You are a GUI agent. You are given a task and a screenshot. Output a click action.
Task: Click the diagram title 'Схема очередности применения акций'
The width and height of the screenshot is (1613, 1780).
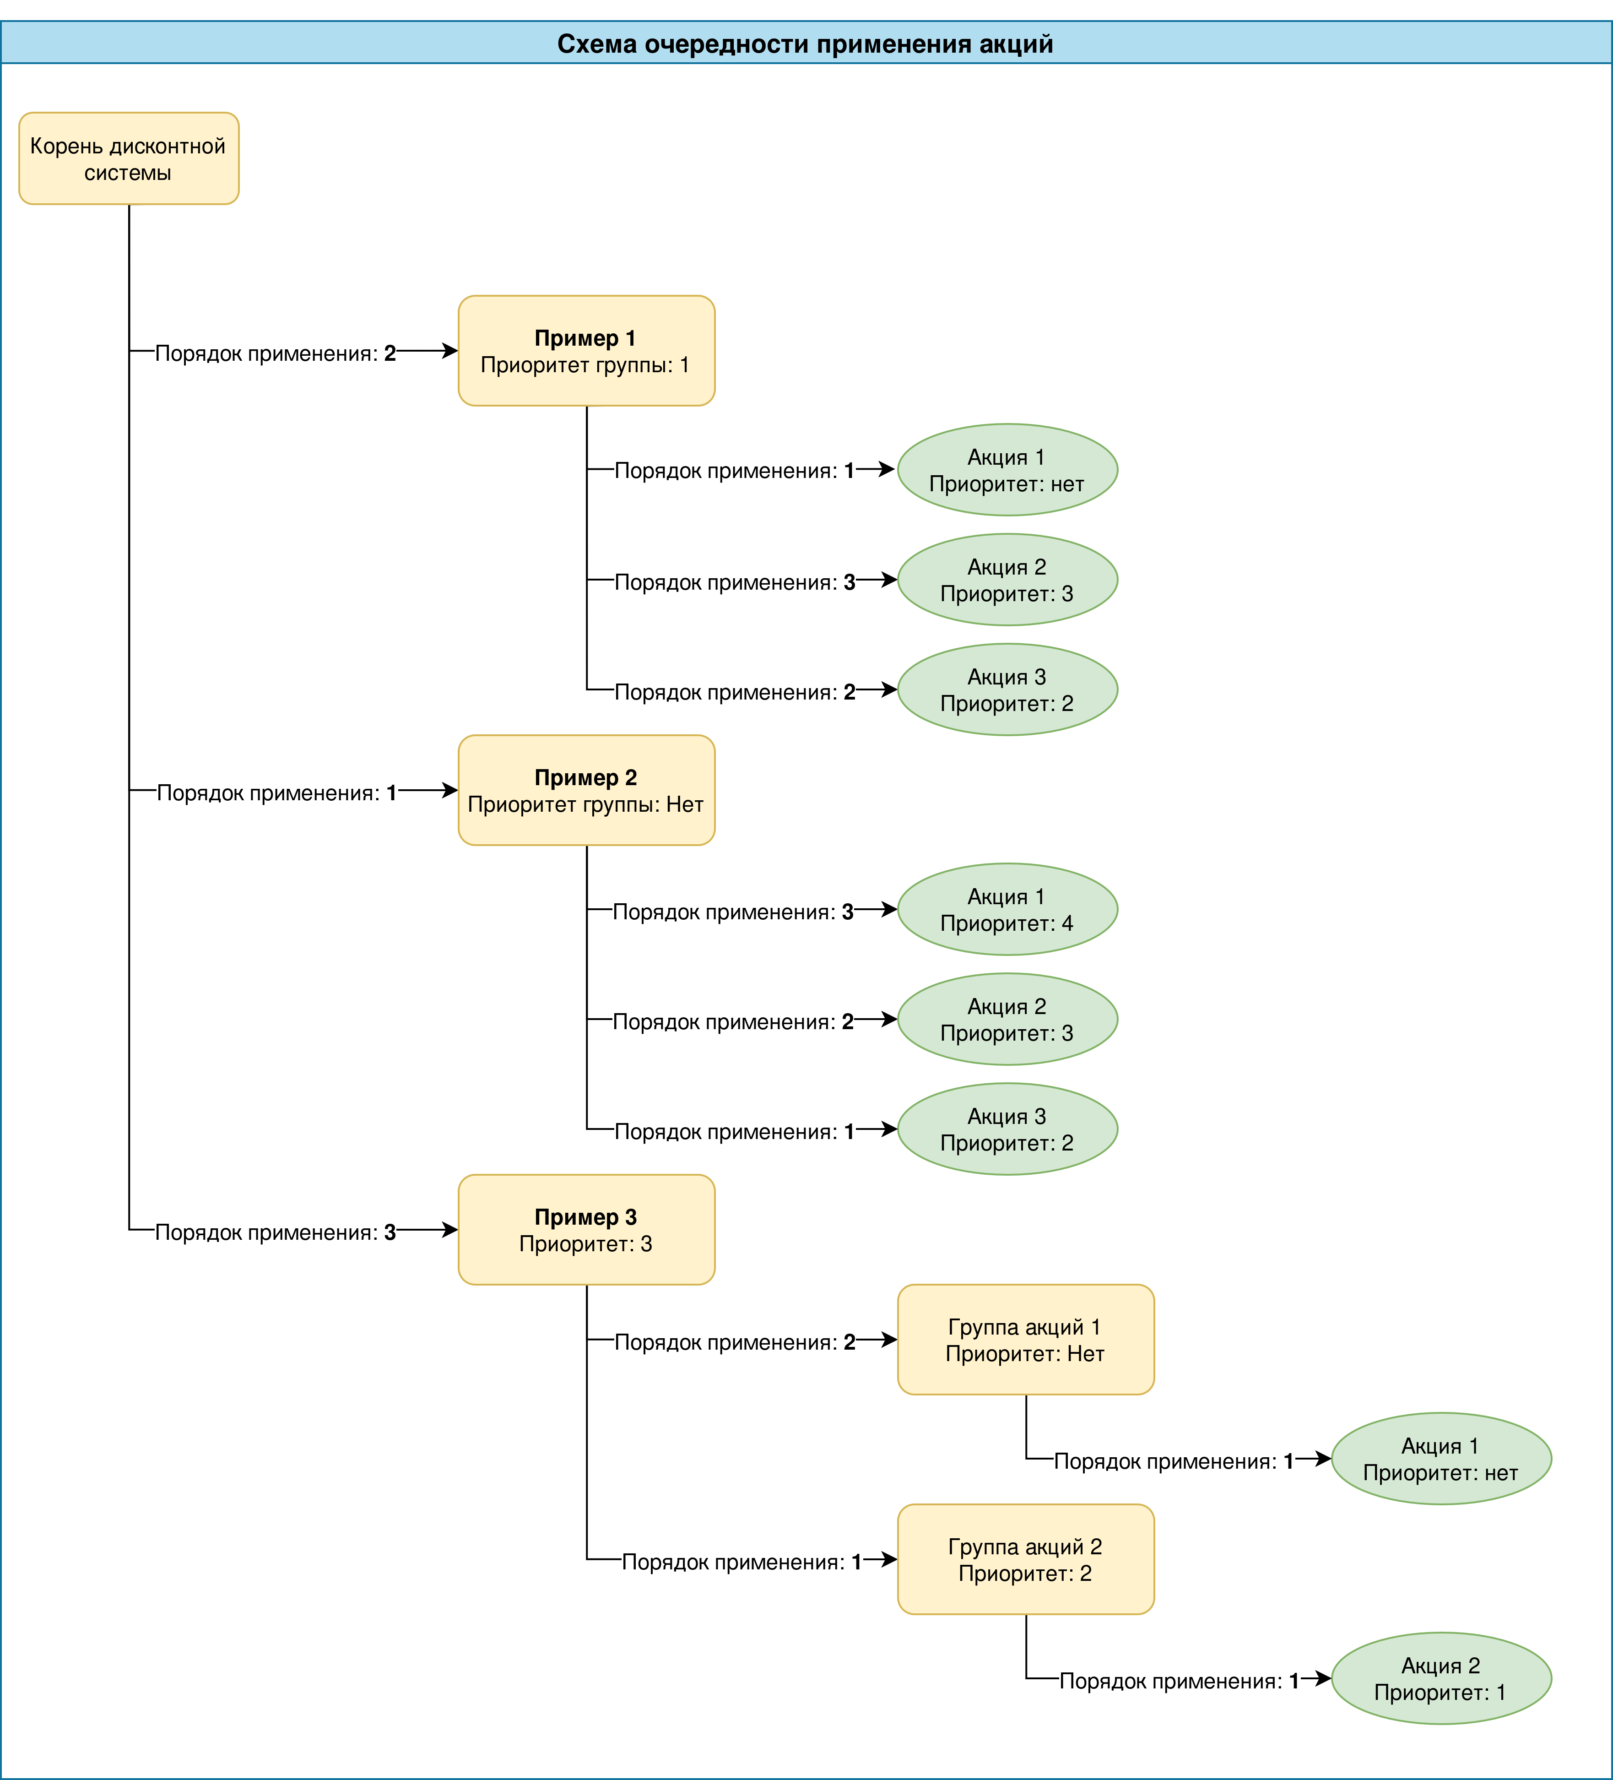coord(805,44)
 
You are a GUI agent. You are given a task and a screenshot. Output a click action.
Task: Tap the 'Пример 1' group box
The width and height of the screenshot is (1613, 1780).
coord(586,351)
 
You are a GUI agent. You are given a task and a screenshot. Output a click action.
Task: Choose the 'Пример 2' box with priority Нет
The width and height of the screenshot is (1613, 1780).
coord(586,790)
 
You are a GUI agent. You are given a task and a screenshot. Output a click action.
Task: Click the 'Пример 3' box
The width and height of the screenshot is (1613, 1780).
coord(586,1230)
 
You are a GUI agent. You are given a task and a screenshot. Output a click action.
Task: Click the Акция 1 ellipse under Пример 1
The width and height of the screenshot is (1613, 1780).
coord(1007,470)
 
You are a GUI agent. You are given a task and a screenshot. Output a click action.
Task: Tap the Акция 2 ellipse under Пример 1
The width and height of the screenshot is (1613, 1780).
coord(1007,579)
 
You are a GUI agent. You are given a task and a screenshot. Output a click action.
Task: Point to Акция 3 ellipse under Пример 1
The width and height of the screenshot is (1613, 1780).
coord(1007,689)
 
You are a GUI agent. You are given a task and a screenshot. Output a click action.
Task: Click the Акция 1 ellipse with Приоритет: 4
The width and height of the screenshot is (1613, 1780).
coord(1007,909)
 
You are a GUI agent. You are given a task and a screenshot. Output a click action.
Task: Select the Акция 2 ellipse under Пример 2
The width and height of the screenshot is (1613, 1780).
coord(1007,1019)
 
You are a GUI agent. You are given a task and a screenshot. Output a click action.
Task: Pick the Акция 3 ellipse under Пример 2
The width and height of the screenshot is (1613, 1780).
coord(1007,1129)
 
